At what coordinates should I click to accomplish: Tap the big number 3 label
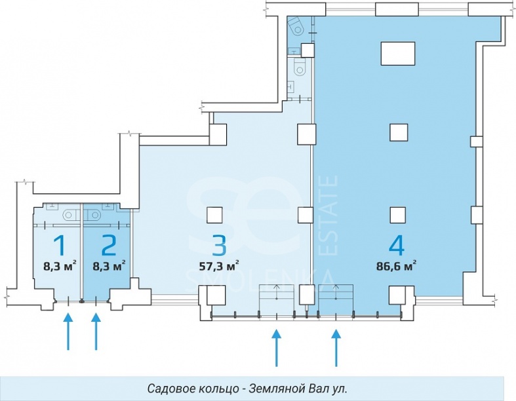click(x=219, y=245)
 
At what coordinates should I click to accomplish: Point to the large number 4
click(x=396, y=245)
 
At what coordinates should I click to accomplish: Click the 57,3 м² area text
click(x=218, y=266)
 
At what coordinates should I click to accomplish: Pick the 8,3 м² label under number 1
click(x=60, y=266)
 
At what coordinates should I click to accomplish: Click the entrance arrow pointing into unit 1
click(x=68, y=333)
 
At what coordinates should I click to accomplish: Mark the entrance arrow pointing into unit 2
click(x=96, y=333)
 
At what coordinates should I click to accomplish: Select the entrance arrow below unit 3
click(x=277, y=347)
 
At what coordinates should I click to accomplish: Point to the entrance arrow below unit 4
click(x=336, y=347)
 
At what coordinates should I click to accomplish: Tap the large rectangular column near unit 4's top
click(x=398, y=52)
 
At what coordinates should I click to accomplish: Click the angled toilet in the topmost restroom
click(x=296, y=26)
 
